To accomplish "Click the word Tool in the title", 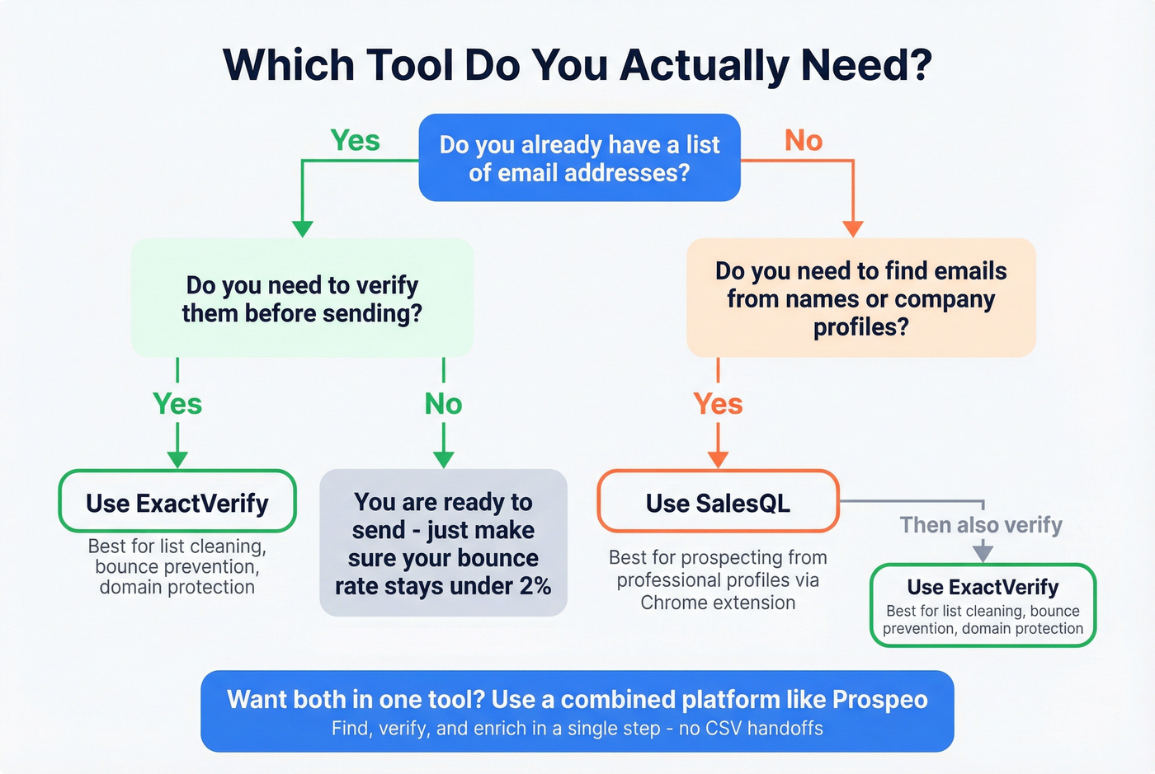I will [x=409, y=65].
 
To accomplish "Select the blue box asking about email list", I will [x=579, y=158].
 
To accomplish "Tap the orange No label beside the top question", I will [x=803, y=141].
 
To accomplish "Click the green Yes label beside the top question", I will [x=355, y=141].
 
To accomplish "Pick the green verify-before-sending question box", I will [x=302, y=298].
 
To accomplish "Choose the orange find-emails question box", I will [x=860, y=298].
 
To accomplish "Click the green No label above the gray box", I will [x=443, y=404].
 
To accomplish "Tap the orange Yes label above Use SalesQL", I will [x=718, y=404].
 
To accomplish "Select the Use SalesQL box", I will [x=718, y=502].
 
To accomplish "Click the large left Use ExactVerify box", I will [x=177, y=502].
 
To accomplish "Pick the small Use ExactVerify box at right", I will [x=983, y=605].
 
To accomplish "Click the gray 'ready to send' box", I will [x=443, y=543].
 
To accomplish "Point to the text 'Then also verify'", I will [x=981, y=525].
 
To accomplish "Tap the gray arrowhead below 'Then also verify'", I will [x=983, y=552].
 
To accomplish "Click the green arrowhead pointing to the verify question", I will [x=303, y=228].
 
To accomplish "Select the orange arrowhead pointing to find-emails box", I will [x=853, y=228].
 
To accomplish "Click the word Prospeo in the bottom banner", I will [x=879, y=699].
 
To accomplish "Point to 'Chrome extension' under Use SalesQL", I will [x=718, y=603].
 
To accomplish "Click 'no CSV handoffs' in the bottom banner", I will [x=751, y=729].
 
